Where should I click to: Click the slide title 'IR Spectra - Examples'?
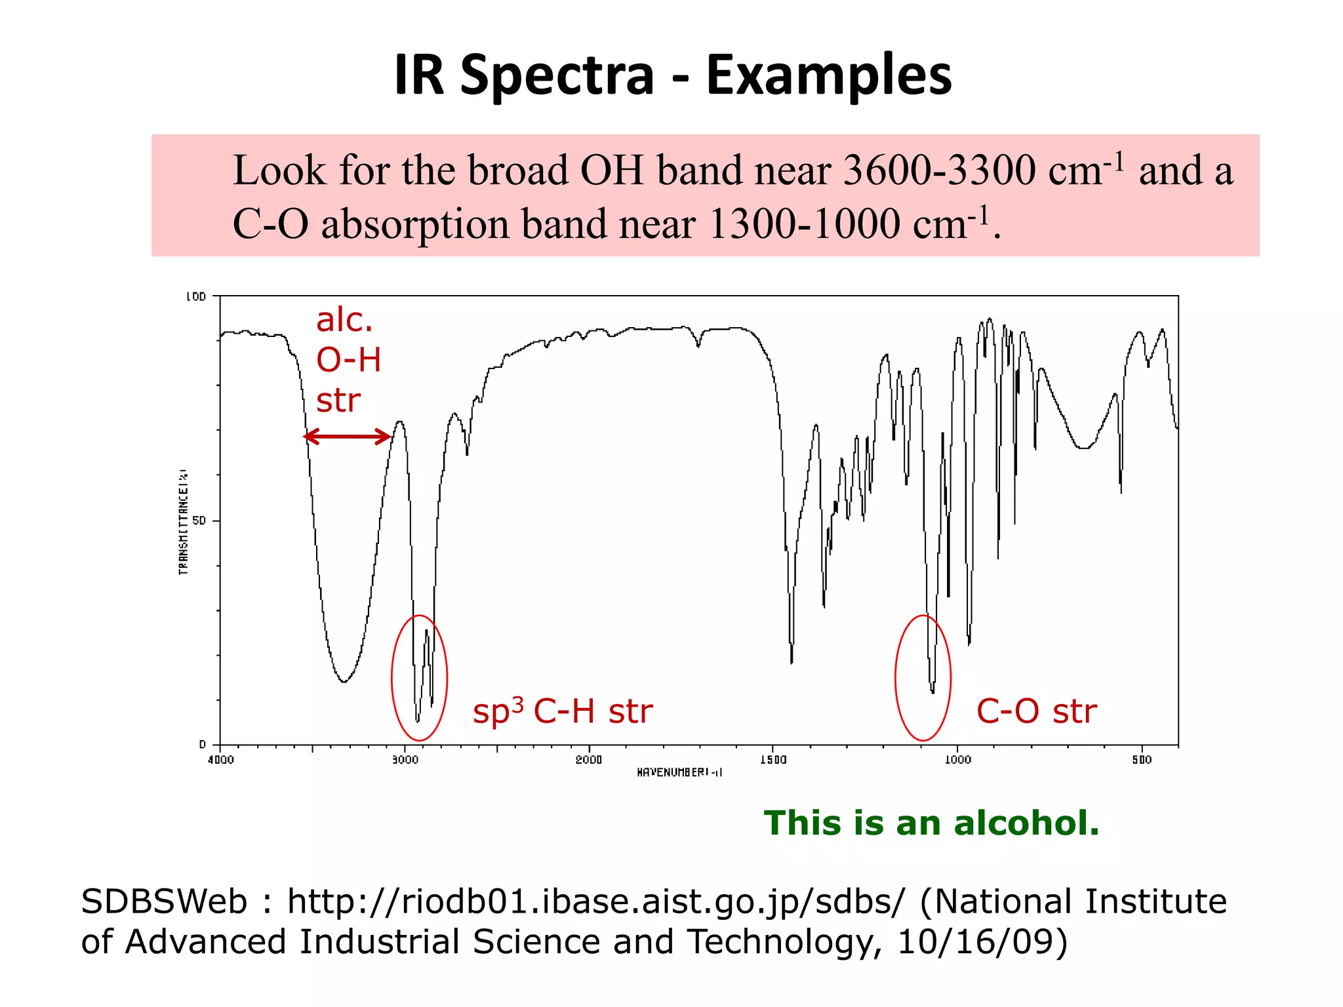672,75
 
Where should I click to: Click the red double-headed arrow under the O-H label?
348,437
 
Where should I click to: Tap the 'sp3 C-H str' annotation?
563,711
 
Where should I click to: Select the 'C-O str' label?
1036,711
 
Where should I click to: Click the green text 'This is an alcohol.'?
931,823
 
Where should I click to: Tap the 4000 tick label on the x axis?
220,760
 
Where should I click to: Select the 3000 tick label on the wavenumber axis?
405,760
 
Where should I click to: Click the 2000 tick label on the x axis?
589,760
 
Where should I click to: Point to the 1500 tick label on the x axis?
773,760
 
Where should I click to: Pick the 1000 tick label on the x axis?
957,760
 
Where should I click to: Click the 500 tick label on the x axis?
1142,760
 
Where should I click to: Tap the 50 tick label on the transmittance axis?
199,521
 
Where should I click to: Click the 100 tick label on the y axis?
195,296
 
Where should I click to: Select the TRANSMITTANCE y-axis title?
184,522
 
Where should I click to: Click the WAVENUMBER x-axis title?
679,773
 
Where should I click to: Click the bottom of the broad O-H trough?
344,681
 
